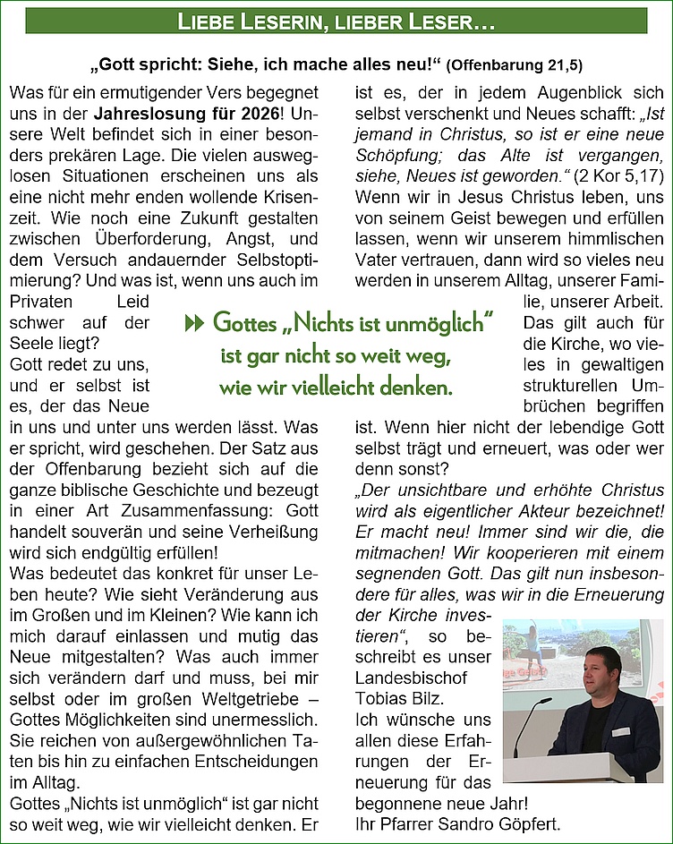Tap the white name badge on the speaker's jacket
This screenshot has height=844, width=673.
point(620,731)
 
